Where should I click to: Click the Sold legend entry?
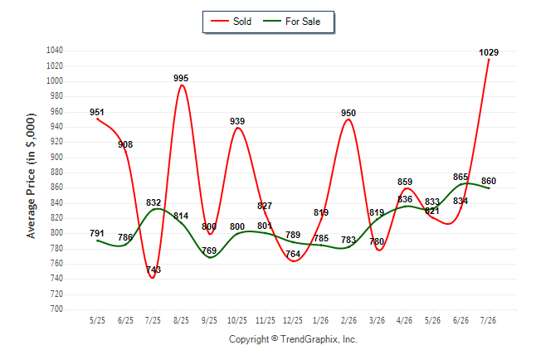point(231,22)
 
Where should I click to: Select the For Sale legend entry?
point(291,22)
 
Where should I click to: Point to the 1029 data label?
point(489,52)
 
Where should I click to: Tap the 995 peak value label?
point(181,78)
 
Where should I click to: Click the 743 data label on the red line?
point(153,270)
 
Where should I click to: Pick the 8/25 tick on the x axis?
point(181,320)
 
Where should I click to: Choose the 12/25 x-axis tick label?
point(293,320)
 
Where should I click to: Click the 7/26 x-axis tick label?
point(488,320)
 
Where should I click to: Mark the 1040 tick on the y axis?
point(55,51)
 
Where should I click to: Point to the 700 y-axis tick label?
point(56,309)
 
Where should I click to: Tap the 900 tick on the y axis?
point(56,157)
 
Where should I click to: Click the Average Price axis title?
point(31,176)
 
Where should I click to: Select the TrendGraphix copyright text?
point(293,339)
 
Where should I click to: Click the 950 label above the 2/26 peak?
point(348,113)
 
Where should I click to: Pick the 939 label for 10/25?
point(237,121)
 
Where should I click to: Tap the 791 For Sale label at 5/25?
point(97,233)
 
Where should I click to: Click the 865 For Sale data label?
point(460,177)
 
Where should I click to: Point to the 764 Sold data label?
point(293,254)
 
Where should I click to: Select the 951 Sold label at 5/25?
point(97,112)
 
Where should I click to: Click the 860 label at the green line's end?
point(489,181)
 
